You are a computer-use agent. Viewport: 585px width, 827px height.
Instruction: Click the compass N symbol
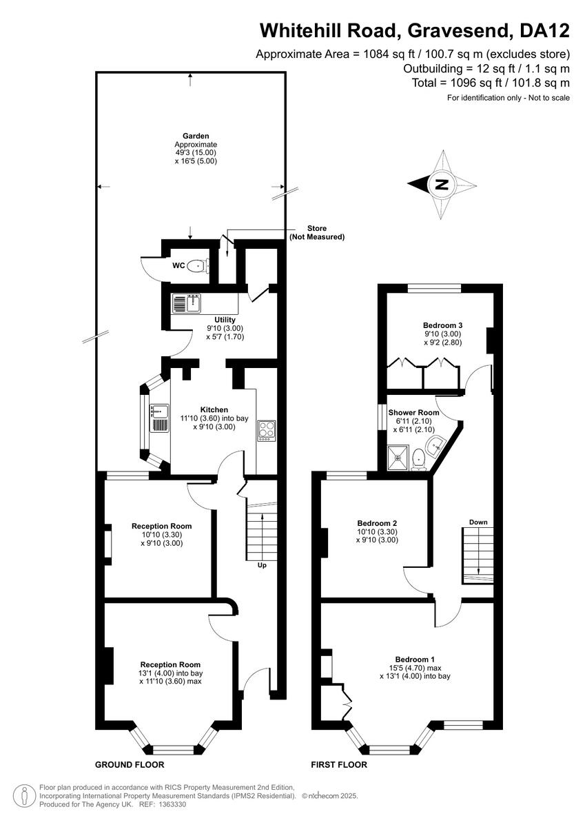[442, 184]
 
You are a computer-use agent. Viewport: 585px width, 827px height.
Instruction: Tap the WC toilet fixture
[197, 264]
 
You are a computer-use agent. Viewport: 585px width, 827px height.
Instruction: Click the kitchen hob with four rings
[267, 430]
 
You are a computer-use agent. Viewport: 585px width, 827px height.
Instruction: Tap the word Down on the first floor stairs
[478, 522]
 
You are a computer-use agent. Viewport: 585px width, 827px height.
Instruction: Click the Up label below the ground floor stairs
[262, 565]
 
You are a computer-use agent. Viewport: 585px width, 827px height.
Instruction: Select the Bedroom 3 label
[442, 325]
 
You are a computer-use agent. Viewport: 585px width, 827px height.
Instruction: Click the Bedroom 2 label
[376, 523]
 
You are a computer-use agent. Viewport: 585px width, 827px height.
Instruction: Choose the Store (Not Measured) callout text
[317, 232]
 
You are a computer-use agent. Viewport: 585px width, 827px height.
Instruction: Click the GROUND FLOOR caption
[130, 765]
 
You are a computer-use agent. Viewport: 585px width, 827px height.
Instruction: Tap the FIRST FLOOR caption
[339, 765]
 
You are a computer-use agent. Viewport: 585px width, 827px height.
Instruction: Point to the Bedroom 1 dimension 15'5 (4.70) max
[415, 668]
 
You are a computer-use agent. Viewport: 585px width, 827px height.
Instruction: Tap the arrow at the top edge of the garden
[190, 77]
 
